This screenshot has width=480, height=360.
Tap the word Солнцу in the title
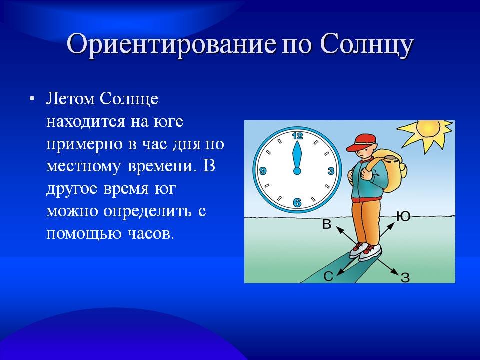(366, 44)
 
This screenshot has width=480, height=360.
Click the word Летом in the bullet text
(71, 99)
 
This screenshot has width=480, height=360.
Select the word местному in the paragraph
(83, 167)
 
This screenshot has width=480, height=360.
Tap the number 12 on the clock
(297, 136)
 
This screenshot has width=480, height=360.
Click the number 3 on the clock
(331, 171)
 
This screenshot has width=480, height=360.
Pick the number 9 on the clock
(263, 171)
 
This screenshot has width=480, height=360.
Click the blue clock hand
(297, 158)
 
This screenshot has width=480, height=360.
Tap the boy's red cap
(362, 142)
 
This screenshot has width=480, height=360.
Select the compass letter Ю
(403, 216)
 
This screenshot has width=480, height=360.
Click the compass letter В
(327, 224)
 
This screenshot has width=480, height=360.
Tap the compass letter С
(328, 276)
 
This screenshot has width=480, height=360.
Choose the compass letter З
(405, 277)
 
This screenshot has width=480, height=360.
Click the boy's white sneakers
(365, 251)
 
